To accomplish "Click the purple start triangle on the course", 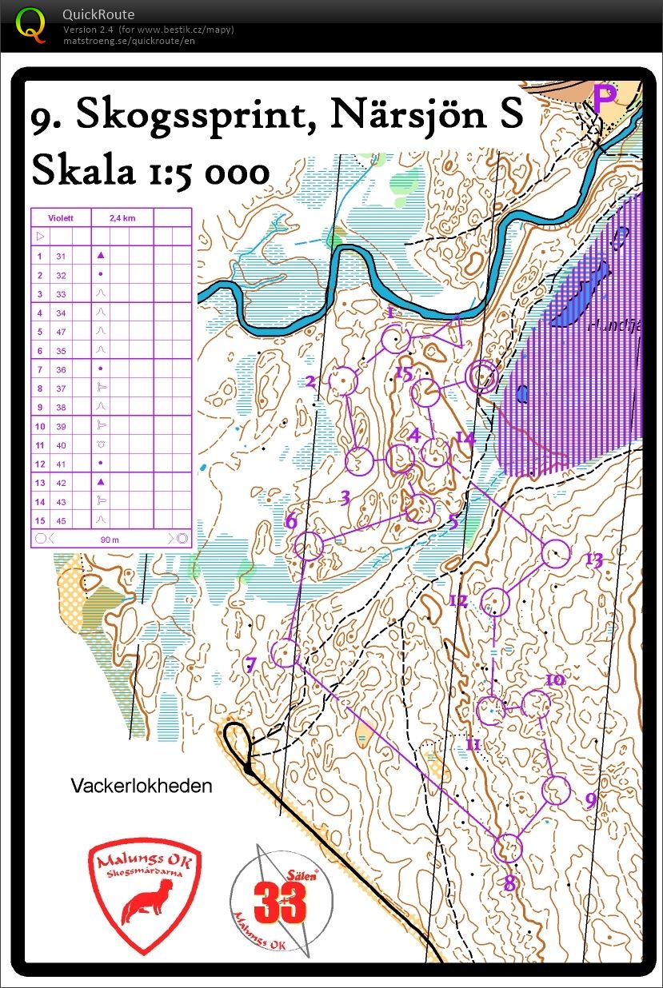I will (448, 330).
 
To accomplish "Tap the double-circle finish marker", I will (482, 376).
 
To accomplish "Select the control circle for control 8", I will (509, 847).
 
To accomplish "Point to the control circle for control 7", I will (285, 653).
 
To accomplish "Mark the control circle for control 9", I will (556, 790).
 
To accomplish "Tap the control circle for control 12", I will (496, 600).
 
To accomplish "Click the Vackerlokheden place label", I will (142, 786).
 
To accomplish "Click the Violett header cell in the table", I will (61, 216).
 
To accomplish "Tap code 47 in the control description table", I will (61, 332).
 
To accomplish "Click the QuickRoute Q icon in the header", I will (32, 24).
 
